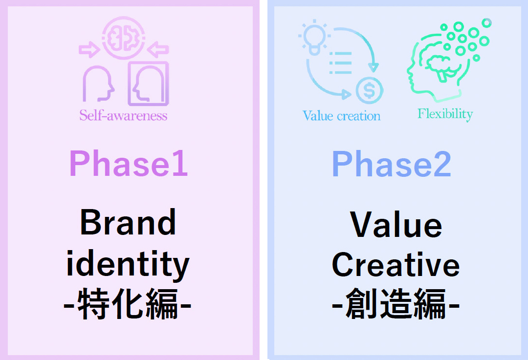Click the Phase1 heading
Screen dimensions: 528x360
point(128,163)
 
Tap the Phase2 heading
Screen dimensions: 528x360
point(392,164)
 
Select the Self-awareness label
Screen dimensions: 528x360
point(123,115)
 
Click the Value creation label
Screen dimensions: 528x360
point(341,116)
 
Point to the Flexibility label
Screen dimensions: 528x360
point(445,114)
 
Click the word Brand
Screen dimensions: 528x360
point(128,222)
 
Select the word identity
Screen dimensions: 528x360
point(128,265)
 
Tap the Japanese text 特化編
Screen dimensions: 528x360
point(128,304)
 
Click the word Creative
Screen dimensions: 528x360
point(396,265)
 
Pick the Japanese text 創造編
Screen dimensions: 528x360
point(396,304)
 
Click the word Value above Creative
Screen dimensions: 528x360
point(396,224)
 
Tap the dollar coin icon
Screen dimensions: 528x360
point(370,90)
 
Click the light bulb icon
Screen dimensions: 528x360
point(314,37)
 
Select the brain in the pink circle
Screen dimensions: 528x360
point(124,38)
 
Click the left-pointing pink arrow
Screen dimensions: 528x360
point(158,50)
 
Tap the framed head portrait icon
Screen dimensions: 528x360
point(148,84)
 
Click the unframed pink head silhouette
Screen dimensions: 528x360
point(98,84)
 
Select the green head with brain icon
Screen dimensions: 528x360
point(448,60)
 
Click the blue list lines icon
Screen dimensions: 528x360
point(340,63)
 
